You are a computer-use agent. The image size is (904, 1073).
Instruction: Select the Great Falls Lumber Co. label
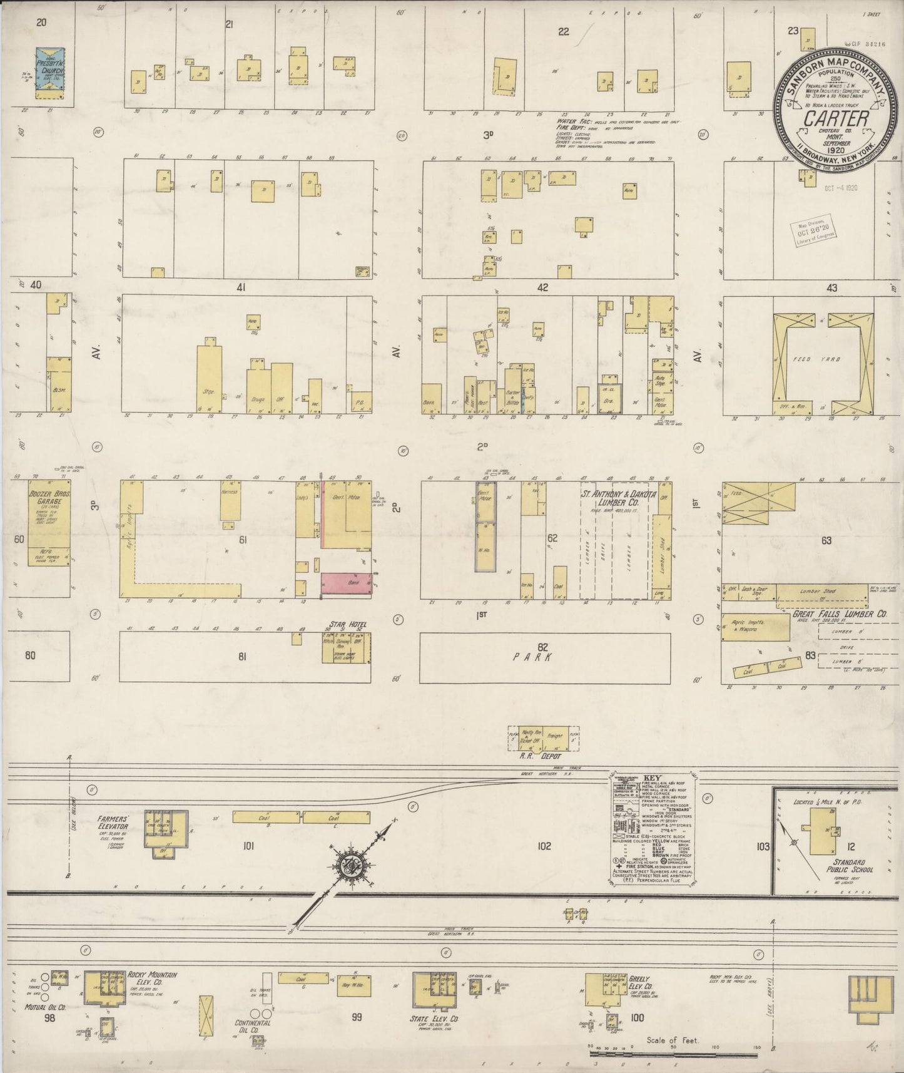840,615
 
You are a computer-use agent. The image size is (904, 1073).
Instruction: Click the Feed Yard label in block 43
826,359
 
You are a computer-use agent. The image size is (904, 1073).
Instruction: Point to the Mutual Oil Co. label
46,1008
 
